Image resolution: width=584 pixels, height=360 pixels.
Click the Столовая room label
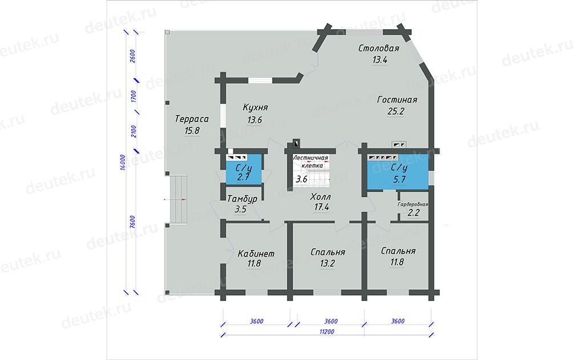pyautogui.click(x=379, y=48)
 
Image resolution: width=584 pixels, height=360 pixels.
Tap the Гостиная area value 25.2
pyautogui.click(x=396, y=111)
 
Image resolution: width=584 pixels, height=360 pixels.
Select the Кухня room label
pyautogui.click(x=255, y=107)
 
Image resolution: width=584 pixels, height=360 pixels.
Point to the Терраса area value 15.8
pyautogui.click(x=192, y=131)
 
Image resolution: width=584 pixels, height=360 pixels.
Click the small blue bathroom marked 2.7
pyautogui.click(x=244, y=169)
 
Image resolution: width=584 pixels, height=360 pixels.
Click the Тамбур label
pyautogui.click(x=242, y=199)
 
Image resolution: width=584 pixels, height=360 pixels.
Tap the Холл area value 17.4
pyautogui.click(x=322, y=207)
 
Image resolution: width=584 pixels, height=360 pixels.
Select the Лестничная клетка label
pyautogui.click(x=311, y=161)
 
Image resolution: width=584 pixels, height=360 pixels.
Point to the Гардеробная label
pyautogui.click(x=413, y=204)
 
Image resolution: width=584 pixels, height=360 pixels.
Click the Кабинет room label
pyautogui.click(x=256, y=253)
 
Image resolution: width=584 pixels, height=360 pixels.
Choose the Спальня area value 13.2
pyautogui.click(x=327, y=263)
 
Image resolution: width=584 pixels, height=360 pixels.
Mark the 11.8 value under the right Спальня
pyautogui.click(x=397, y=262)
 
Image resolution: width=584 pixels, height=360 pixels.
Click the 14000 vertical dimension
pyautogui.click(x=123, y=163)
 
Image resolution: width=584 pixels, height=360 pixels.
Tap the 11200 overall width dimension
pyautogui.click(x=327, y=331)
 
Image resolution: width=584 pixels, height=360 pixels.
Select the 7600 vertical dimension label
pyautogui.click(x=132, y=222)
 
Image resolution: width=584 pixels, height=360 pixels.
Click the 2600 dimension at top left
pyautogui.click(x=132, y=56)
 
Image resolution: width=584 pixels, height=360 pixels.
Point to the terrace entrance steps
pyautogui.click(x=179, y=200)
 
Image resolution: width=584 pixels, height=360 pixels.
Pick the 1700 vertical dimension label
pyautogui.click(x=133, y=96)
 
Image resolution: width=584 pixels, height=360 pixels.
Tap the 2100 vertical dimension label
pyautogui.click(x=133, y=131)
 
